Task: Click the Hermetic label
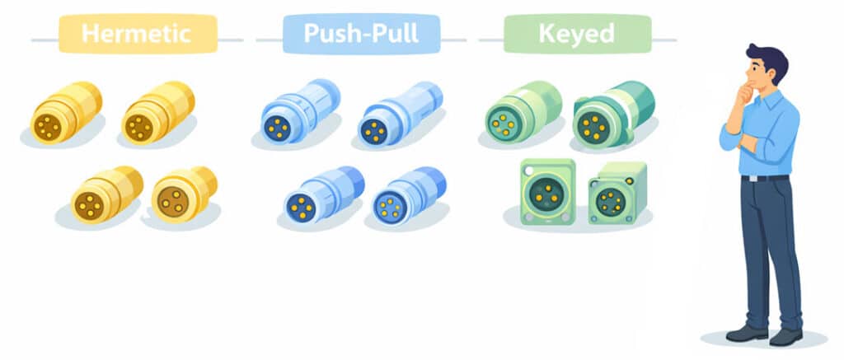click(x=137, y=35)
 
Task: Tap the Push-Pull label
click(x=361, y=35)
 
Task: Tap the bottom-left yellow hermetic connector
click(x=105, y=194)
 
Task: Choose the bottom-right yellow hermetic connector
click(x=184, y=194)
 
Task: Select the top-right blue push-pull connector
click(x=399, y=115)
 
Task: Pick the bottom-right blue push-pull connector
click(x=408, y=195)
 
